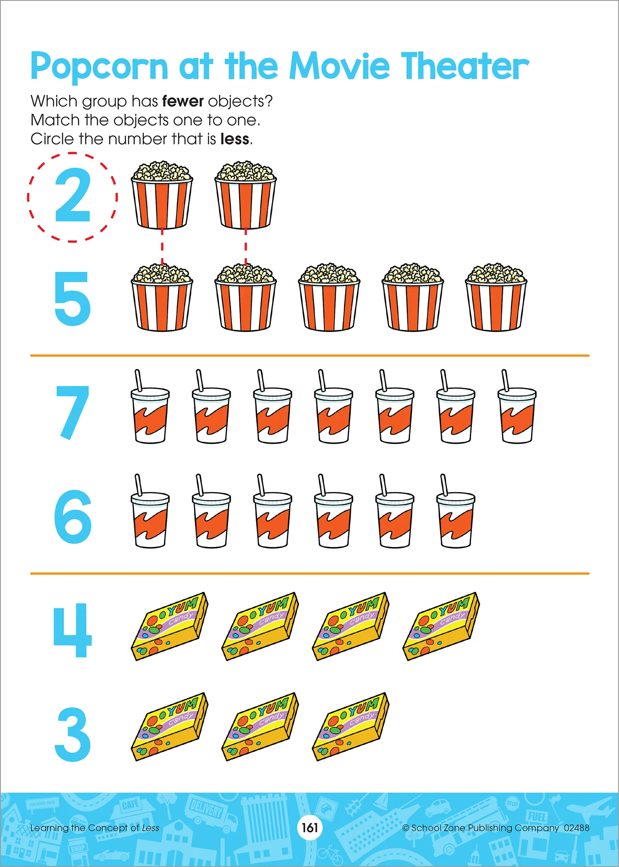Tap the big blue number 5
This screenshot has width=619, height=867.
tap(72, 298)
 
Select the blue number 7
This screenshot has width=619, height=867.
tap(72, 412)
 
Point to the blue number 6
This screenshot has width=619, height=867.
tap(73, 516)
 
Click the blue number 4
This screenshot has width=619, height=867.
tap(72, 630)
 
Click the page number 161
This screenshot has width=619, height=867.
tap(310, 828)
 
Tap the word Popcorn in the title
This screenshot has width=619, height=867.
tap(99, 67)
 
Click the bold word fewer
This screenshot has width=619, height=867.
tap(183, 101)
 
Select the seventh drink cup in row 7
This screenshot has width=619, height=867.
tap(517, 406)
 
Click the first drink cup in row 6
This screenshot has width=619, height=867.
tap(150, 511)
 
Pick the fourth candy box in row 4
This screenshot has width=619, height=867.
tap(441, 626)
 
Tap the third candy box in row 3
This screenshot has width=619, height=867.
tap(351, 727)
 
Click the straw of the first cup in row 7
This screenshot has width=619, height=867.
tap(138, 380)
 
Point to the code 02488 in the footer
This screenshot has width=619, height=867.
tap(576, 828)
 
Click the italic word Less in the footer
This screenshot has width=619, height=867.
tap(150, 828)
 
